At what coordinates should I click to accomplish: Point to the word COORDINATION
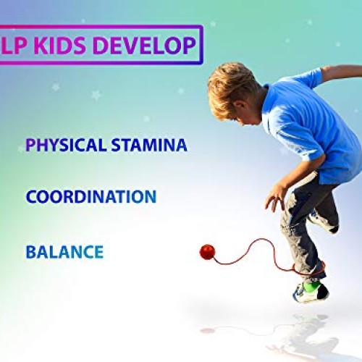(90, 196)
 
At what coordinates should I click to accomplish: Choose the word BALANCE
(64, 252)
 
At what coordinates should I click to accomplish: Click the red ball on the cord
(209, 252)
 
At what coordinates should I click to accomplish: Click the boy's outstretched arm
(340, 72)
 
